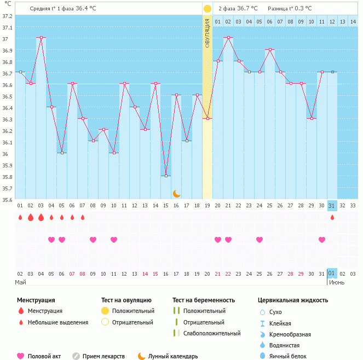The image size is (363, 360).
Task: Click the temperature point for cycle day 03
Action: coord(41,37)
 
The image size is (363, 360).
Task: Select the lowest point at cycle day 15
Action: coord(166,176)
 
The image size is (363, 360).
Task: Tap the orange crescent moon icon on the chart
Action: coord(176,193)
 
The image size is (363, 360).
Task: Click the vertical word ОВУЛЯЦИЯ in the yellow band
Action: coord(208,33)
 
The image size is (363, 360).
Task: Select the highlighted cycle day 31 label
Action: coord(332,206)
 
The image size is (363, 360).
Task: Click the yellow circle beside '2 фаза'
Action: coord(208,9)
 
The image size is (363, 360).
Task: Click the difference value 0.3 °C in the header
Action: coord(301,9)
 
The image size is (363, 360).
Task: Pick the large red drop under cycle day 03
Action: coord(41,218)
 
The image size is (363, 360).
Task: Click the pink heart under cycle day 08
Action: coord(93,240)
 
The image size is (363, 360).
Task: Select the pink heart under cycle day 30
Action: coord(322,240)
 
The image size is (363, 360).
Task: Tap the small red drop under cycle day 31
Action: coord(332,218)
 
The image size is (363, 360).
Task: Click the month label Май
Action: coord(20,282)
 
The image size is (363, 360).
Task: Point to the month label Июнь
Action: coord(337,282)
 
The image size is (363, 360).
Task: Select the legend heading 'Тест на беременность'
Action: coord(204,300)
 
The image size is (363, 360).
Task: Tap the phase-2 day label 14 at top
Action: coord(353,21)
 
